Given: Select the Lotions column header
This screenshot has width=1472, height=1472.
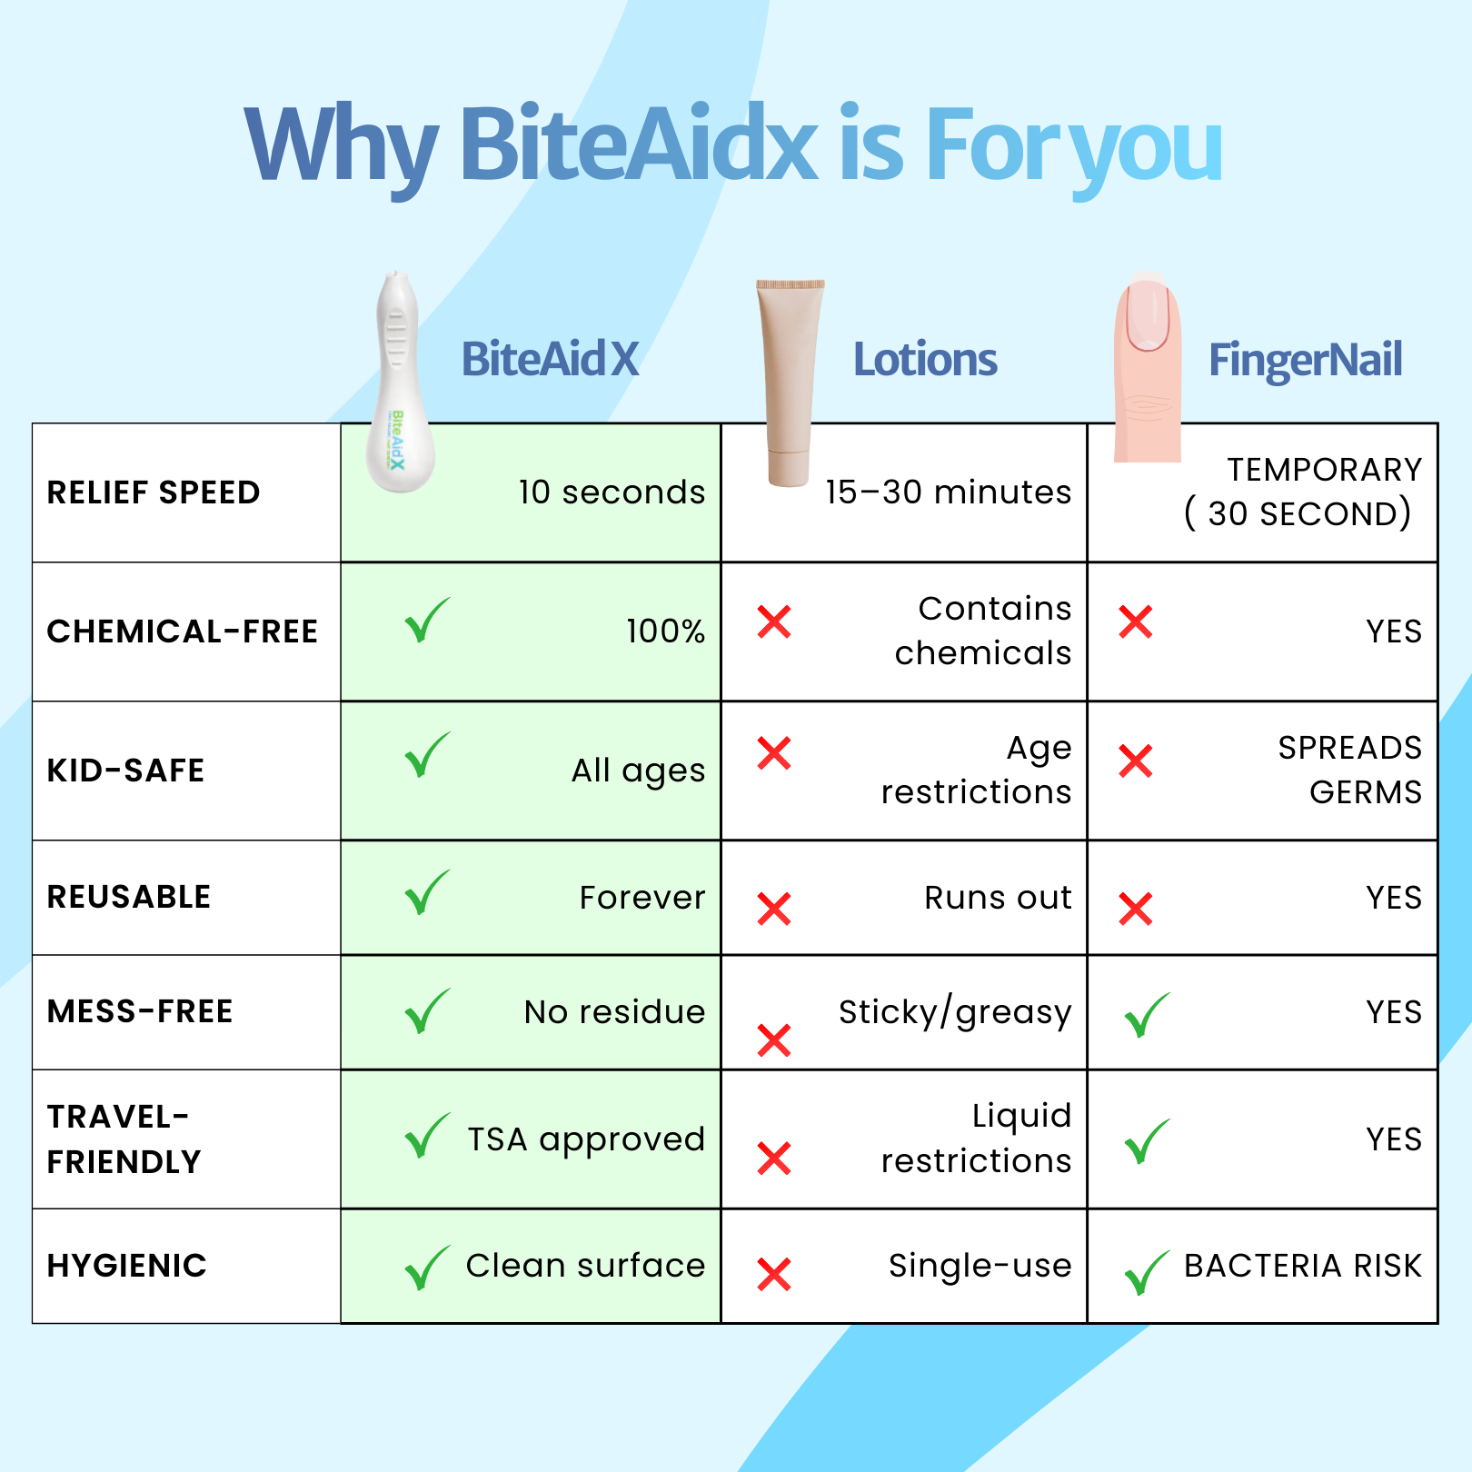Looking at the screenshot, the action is pos(925,360).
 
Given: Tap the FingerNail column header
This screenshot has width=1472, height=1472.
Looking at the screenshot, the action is pos(1306,361).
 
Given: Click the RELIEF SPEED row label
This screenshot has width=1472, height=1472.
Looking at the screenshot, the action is pos(154,492).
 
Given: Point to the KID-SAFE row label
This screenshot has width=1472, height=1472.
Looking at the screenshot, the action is pos(125,771).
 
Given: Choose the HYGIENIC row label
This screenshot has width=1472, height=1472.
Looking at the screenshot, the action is pos(127,1266).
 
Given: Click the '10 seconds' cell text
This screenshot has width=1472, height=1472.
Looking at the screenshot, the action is pos(612,492).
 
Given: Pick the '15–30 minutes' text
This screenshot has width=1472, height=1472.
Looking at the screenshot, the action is pos(948,492).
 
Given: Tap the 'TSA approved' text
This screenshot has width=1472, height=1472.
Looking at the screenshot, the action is pos(586,1139).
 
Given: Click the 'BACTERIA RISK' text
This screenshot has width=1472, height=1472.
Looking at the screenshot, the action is pos(1302,1266).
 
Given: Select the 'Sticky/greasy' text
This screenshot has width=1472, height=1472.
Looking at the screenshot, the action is pos(955,1012).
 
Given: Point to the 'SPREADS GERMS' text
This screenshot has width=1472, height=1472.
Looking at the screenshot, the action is pos(1350,770).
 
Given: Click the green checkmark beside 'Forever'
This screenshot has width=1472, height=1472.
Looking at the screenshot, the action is pos(426,892).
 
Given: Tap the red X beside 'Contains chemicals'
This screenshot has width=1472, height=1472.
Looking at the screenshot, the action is pos(774,622).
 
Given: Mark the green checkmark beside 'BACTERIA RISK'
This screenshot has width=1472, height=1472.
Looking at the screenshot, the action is pos(1147,1272).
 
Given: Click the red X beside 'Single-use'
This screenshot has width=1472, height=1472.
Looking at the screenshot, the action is pos(774,1275).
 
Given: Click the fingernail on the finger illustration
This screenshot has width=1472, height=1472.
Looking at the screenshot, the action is pos(1147,314).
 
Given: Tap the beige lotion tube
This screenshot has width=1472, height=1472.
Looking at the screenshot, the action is pos(790,383).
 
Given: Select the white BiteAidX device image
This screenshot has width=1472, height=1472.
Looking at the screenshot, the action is pos(399,383).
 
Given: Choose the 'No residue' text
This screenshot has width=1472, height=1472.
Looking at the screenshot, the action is pos(615,1012).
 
